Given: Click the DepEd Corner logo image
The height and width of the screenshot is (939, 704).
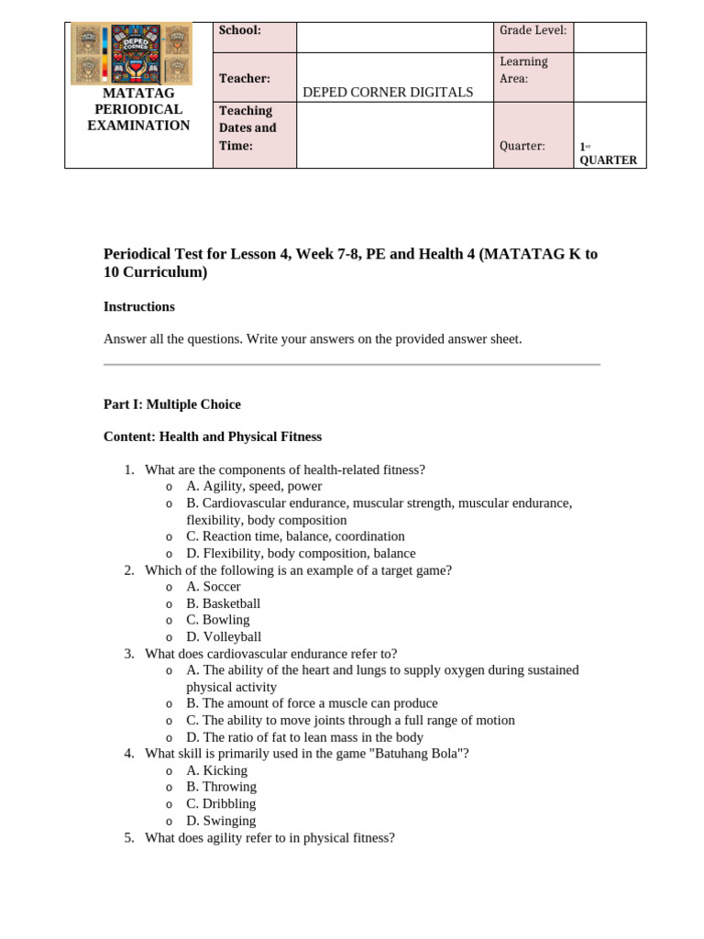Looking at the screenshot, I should (131, 53).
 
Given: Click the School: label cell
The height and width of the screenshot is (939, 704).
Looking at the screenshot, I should (240, 30).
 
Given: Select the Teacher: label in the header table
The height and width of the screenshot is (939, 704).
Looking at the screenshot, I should (245, 79).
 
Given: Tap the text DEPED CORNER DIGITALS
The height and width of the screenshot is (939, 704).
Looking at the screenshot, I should (388, 92).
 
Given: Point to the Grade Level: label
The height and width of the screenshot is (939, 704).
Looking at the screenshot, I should (533, 30).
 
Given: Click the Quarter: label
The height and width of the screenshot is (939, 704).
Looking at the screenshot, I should (522, 146).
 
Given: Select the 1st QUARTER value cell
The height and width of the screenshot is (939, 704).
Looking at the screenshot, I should (608, 153).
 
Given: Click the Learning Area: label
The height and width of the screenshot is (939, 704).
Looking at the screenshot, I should (523, 71).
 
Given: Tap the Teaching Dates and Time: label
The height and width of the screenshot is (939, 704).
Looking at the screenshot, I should (247, 128).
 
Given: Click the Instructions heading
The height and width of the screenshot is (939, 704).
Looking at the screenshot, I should (139, 306).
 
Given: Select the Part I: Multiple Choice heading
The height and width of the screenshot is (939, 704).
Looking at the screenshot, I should (172, 403).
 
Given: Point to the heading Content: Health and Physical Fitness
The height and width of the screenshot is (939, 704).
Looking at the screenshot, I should (213, 436).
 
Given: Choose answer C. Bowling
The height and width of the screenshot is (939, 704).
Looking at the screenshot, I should (218, 620).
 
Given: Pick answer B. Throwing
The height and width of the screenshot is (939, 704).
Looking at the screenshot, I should (221, 787).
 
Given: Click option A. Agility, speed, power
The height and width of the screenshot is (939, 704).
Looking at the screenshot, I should (254, 486).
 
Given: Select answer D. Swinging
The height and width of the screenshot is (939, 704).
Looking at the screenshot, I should (221, 821).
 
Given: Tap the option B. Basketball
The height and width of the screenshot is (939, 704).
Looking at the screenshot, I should (224, 603).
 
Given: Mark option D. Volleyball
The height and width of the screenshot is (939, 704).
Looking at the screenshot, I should (224, 636).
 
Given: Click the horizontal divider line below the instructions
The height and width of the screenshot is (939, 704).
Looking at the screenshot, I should (352, 365).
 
